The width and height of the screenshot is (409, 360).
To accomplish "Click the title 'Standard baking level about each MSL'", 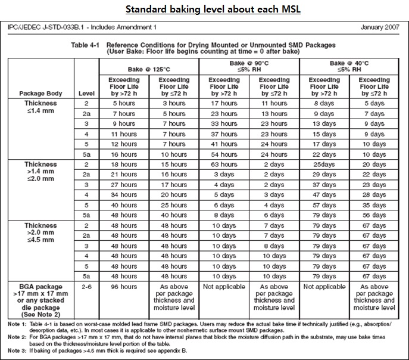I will (204, 11).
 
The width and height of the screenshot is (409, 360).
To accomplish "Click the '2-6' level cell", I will (86, 287).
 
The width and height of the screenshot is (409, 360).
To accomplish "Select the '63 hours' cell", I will (224, 164).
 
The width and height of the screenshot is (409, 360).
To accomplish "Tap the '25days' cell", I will (324, 164).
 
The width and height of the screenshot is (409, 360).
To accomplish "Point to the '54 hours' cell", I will (224, 154).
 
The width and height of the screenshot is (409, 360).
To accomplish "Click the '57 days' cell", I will (324, 205).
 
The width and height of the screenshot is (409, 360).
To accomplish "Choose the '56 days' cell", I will (374, 215).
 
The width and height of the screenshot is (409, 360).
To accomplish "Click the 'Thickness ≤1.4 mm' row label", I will (40, 107).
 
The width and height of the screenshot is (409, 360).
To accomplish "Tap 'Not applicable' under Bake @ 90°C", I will (224, 287).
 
